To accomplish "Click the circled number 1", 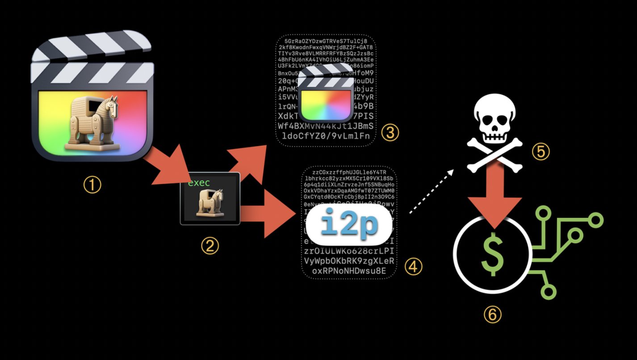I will (x=92, y=184).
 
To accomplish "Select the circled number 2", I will (x=210, y=245).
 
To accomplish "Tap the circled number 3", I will (x=390, y=133).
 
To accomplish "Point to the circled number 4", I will (x=413, y=267).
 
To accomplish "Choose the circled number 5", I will (x=541, y=152).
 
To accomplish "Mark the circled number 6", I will (x=492, y=315).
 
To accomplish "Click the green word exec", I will (x=199, y=183).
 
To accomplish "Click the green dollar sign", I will (x=493, y=254).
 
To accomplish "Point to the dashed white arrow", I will (x=431, y=191).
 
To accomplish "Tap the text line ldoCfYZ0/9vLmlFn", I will (x=324, y=136).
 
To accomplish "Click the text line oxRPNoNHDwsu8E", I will (x=349, y=271).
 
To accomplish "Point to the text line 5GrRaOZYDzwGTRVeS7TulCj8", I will (x=325, y=41).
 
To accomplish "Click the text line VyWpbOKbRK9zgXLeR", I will (x=349, y=261).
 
